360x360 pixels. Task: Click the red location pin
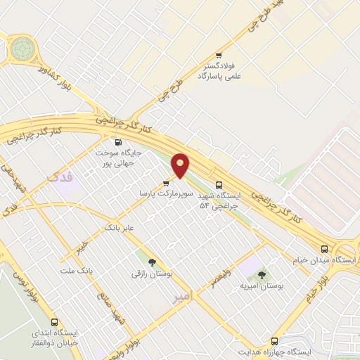coord(181,165)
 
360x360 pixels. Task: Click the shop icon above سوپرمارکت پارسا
coord(166,183)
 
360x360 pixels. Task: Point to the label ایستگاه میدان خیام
coord(324,260)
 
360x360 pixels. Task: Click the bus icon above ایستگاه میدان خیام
coord(324,249)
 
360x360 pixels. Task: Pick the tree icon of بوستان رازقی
coord(153,262)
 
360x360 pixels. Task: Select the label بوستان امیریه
coord(262,287)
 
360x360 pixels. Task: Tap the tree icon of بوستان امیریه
coord(262,276)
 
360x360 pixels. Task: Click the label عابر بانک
coord(118,229)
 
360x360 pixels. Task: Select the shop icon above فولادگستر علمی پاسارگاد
coord(219,56)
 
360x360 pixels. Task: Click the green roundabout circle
coord(22,49)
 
